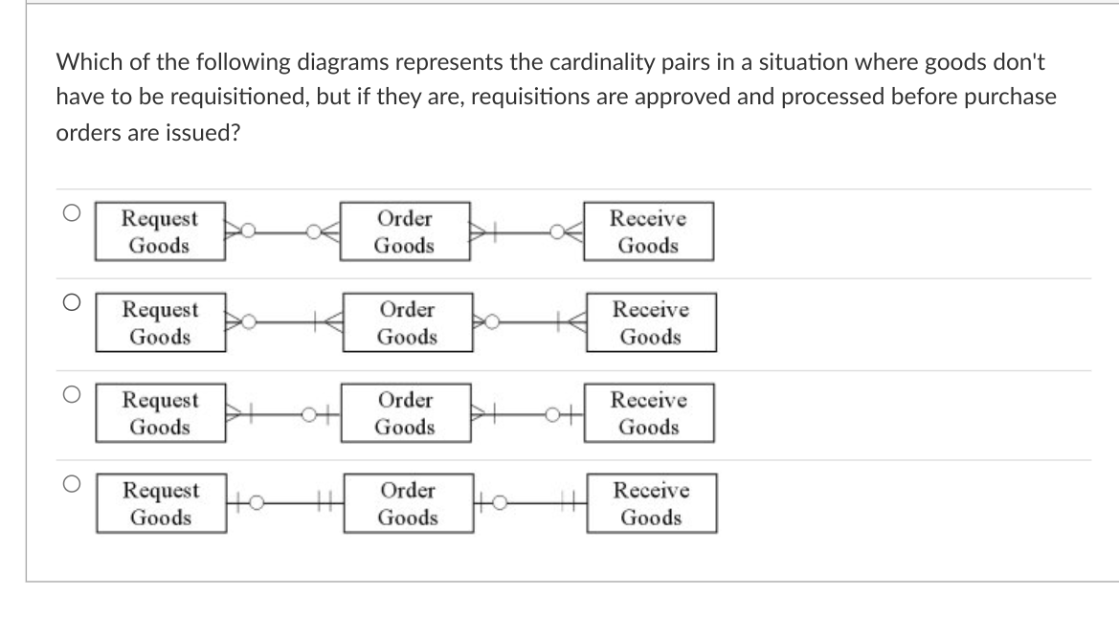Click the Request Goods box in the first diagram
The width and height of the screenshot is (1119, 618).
(160, 232)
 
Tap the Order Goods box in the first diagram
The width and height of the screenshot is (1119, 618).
(404, 232)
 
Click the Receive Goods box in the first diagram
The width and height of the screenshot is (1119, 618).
(648, 232)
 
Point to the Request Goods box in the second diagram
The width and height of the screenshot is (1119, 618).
(160, 323)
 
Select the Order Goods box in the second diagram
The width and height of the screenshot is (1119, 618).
(406, 323)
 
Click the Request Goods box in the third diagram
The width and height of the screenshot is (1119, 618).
(160, 413)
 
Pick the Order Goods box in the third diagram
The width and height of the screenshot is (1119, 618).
(404, 413)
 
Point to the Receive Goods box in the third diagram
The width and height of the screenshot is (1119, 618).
(648, 413)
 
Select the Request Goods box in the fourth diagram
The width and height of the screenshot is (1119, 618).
(160, 504)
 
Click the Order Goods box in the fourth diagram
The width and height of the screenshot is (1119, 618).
(406, 504)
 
